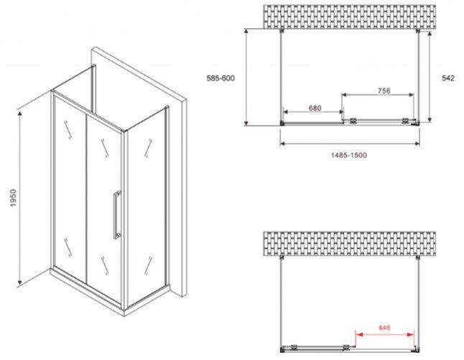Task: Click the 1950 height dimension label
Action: pos(14,198)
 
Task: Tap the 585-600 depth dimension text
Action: pos(221,78)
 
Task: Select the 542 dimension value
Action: pos(448,78)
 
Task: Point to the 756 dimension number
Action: pos(384,91)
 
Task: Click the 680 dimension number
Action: pos(315,108)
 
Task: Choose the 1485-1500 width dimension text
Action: pos(349,154)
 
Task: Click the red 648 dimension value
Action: pos(384,328)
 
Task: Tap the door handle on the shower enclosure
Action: pos(117,215)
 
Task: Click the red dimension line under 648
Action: pos(385,335)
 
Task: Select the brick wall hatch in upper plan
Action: pos(350,17)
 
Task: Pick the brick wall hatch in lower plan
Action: pos(350,244)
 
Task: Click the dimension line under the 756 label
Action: pos(378,95)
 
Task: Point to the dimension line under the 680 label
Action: pos(313,112)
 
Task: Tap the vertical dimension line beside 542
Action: pos(430,77)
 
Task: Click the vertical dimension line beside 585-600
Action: pos(246,78)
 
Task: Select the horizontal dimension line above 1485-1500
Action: pos(350,144)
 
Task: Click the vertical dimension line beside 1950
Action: pos(20,198)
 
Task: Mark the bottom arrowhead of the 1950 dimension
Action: pos(20,282)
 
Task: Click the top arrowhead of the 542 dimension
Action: pos(430,34)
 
